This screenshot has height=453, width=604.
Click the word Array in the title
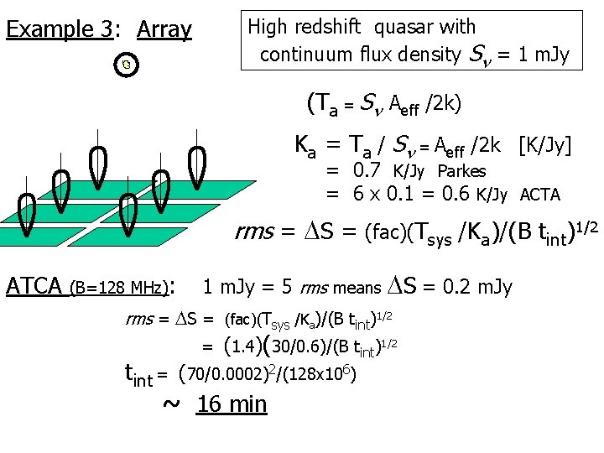pyautogui.click(x=164, y=30)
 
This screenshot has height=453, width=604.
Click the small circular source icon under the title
pyautogui.click(x=126, y=65)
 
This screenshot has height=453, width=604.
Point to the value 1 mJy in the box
pyautogui.click(x=541, y=55)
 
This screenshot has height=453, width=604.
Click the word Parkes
pyautogui.click(x=461, y=171)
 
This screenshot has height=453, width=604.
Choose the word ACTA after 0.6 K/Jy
pyautogui.click(x=540, y=195)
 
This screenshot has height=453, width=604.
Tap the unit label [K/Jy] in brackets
pyautogui.click(x=545, y=146)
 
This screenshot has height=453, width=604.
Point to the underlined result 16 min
pyautogui.click(x=232, y=404)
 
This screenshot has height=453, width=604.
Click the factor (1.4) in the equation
pyautogui.click(x=243, y=346)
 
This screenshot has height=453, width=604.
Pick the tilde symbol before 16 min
pyautogui.click(x=170, y=403)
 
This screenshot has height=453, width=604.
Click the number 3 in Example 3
pyautogui.click(x=106, y=30)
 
